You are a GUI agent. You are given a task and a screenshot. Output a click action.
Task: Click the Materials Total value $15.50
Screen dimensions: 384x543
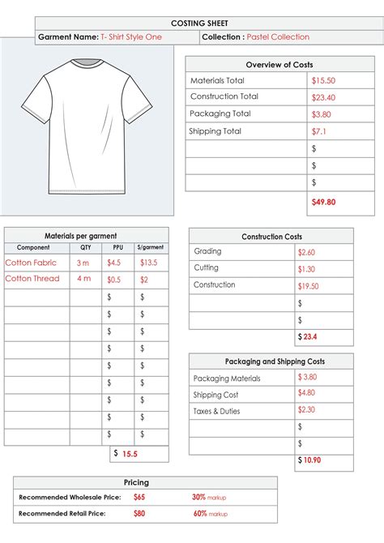(323, 81)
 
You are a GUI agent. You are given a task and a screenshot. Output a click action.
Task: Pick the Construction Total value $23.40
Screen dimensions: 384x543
(324, 97)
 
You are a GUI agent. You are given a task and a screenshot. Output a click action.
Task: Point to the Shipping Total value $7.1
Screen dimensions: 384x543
(318, 131)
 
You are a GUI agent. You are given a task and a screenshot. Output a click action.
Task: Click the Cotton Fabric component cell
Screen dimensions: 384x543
(32, 263)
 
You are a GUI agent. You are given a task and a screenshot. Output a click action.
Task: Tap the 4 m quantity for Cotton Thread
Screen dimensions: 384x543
(84, 279)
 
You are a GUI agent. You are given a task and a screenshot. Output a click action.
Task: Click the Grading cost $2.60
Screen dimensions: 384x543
(307, 253)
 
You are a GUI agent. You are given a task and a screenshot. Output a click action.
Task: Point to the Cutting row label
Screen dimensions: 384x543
(206, 268)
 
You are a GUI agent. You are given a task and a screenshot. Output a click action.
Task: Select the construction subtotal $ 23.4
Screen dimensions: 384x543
(309, 336)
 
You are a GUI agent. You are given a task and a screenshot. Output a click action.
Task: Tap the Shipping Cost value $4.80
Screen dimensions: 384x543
(306, 393)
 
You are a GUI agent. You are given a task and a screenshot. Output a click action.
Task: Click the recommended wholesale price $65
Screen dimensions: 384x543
(139, 497)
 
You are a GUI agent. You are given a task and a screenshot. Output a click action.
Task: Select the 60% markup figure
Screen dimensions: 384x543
(199, 514)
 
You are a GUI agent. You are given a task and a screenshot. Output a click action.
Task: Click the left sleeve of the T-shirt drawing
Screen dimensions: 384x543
(32, 99)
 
